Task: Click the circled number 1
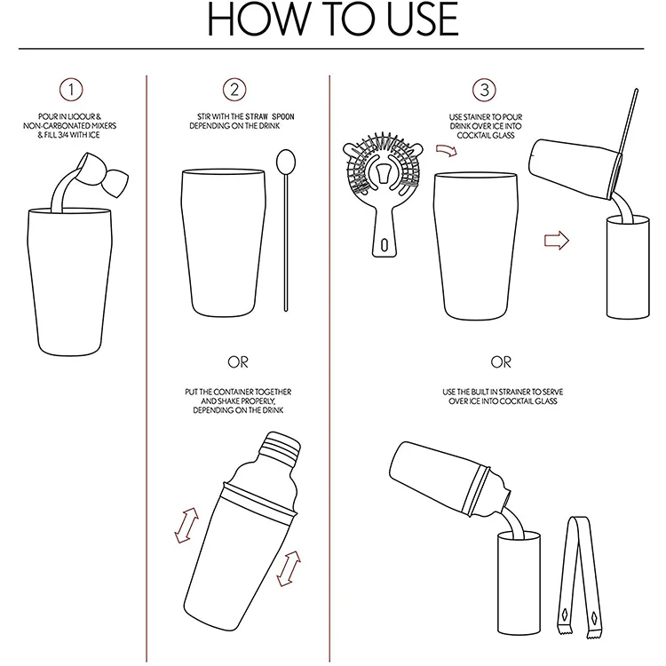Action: point(71,90)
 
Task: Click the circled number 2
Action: point(234,90)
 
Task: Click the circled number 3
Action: point(484,90)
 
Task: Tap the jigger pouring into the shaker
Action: point(104,174)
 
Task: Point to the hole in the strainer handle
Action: point(385,245)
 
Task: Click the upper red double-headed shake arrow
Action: point(186,526)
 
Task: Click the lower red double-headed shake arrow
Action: point(289,568)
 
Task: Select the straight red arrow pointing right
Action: point(557,241)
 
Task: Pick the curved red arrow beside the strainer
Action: point(446,150)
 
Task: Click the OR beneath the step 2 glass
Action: point(238,362)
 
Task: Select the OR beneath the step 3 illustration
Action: point(501,362)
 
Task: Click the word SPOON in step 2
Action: point(283,116)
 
